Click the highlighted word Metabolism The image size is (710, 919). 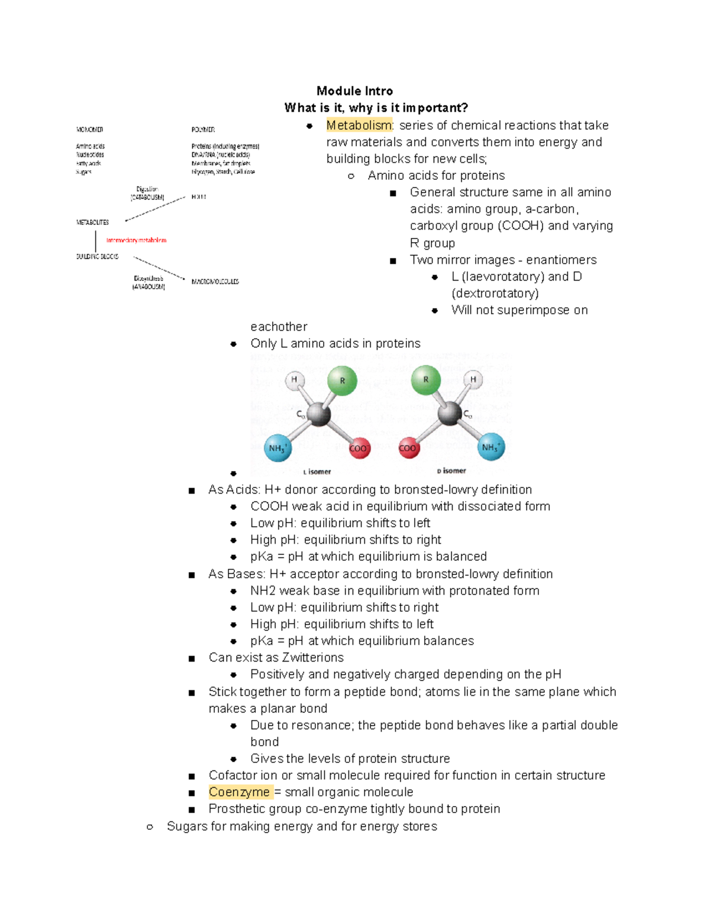click(359, 125)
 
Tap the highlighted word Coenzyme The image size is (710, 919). click(239, 792)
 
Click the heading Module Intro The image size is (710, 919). click(354, 91)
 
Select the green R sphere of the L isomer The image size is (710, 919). click(342, 381)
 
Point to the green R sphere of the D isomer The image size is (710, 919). click(426, 380)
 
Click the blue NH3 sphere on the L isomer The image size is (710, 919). click(277, 448)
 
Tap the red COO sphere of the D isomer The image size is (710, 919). click(408, 448)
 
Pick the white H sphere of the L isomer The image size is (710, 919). click(294, 380)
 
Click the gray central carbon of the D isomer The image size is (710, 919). click(450, 413)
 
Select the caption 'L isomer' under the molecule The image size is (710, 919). click(317, 472)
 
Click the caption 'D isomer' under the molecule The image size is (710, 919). click(451, 471)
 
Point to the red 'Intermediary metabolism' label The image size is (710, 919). click(136, 240)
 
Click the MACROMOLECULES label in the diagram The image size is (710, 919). click(215, 282)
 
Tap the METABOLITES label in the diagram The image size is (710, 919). click(92, 223)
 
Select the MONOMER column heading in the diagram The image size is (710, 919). click(89, 130)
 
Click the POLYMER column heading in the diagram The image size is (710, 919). click(203, 130)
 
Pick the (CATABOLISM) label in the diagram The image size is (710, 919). click(147, 198)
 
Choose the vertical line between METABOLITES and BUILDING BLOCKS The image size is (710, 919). click(95, 240)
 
